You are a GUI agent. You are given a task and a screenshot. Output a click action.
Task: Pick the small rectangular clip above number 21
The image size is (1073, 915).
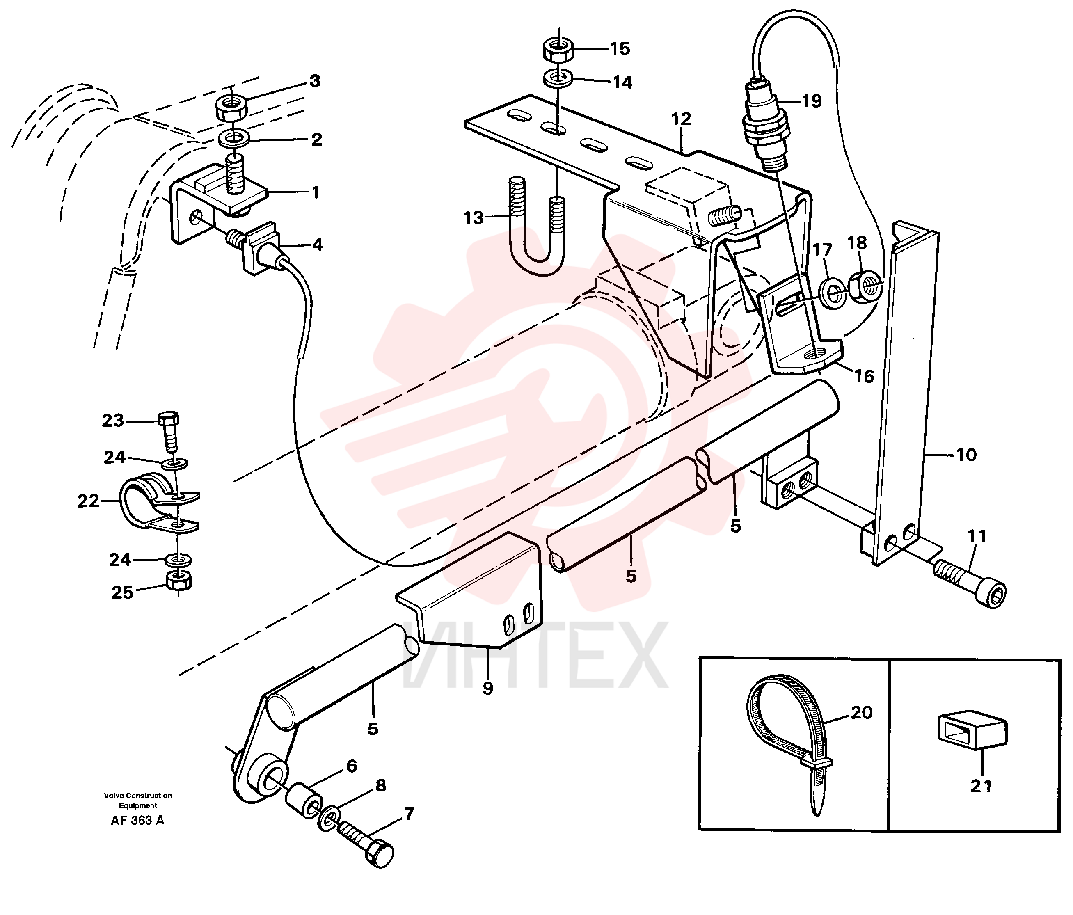(972, 731)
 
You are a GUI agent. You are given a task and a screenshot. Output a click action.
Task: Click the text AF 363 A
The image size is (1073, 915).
(137, 820)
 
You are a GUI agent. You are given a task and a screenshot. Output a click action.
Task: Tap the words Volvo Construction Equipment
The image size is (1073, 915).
(138, 801)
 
